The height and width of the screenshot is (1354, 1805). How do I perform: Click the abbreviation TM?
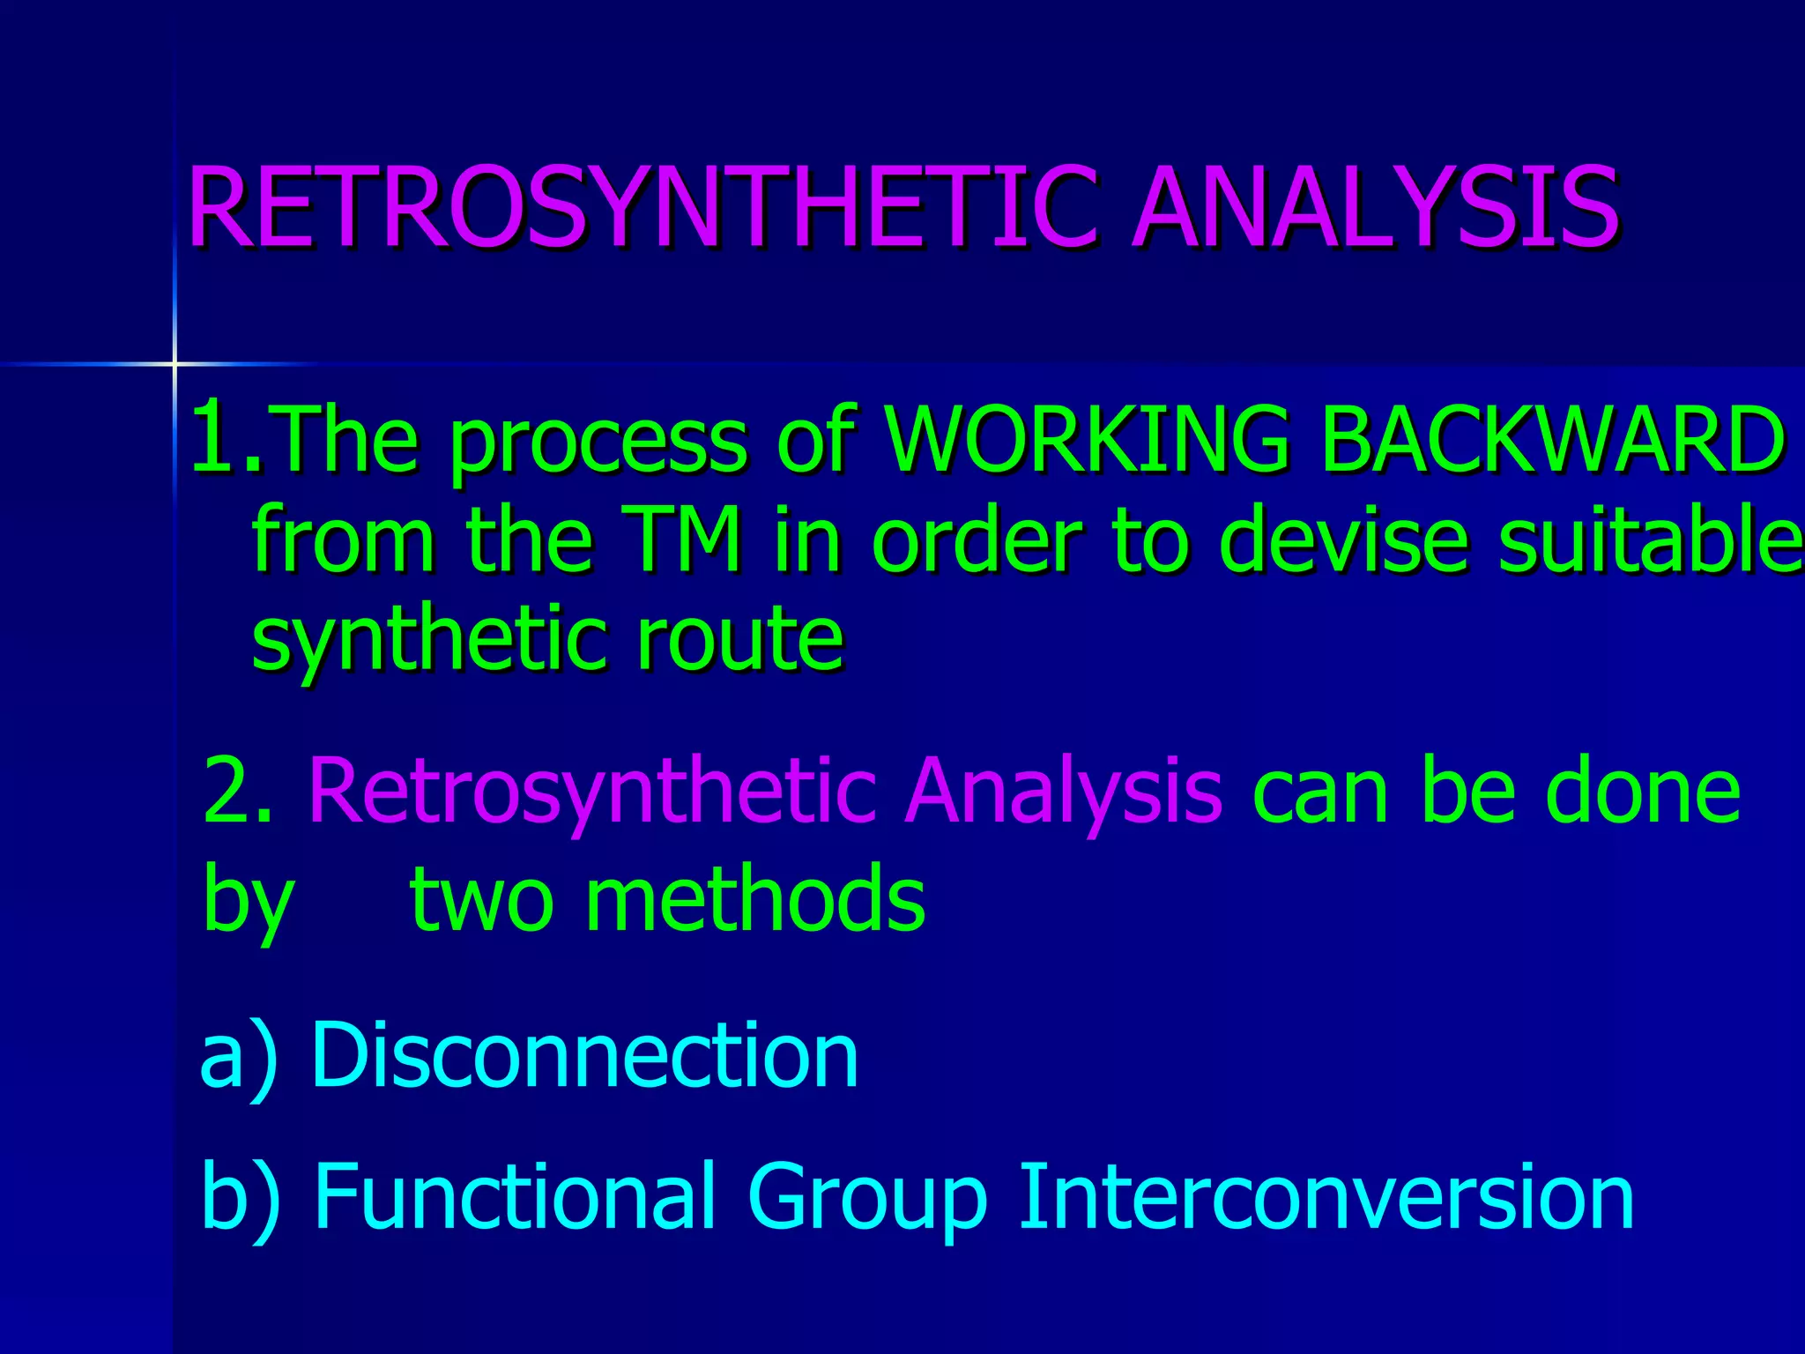click(685, 539)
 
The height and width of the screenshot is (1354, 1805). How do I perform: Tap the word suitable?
click(1648, 539)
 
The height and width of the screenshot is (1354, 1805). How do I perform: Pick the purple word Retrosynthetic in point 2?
click(591, 793)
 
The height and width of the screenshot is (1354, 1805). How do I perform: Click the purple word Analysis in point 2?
click(1063, 793)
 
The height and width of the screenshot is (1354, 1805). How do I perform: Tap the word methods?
click(755, 899)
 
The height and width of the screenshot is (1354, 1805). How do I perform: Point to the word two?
click(481, 899)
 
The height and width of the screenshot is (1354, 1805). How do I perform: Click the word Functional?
click(514, 1196)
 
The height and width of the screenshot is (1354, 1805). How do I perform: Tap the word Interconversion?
click(1326, 1196)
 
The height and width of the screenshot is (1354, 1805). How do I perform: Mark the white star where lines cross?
click(175, 363)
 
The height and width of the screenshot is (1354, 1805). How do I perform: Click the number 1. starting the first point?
click(226, 437)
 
